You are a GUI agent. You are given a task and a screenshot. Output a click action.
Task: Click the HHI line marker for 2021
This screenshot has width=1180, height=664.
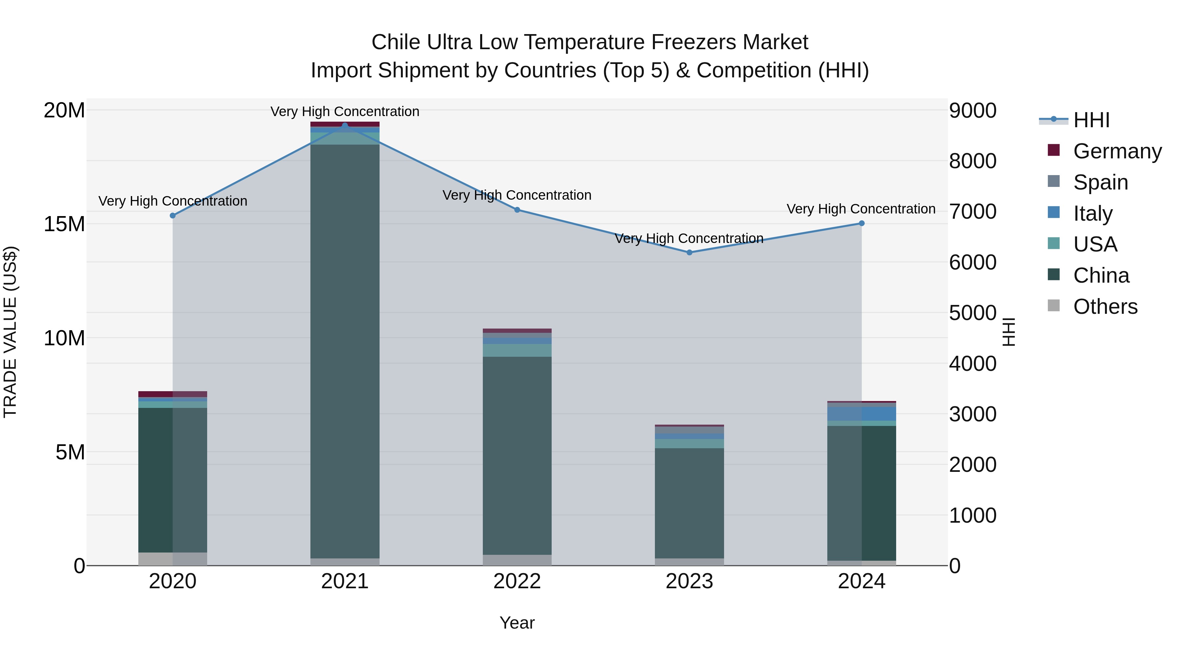(x=345, y=125)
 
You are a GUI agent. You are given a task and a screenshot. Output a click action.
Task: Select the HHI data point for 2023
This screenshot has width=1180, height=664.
(x=689, y=252)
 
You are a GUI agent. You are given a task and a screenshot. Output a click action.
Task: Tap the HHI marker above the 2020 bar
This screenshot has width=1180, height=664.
(x=173, y=215)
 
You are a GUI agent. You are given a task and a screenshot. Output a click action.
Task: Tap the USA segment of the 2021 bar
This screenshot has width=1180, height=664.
(x=345, y=138)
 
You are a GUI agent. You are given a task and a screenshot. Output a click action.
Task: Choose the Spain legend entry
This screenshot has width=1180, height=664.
(x=1100, y=182)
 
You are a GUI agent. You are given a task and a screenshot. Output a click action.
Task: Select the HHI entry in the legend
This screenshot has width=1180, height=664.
(x=1091, y=120)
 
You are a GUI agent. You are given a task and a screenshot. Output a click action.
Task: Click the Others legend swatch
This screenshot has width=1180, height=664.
(x=1053, y=306)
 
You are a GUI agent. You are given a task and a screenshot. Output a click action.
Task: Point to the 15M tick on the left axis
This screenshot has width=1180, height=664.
(x=64, y=224)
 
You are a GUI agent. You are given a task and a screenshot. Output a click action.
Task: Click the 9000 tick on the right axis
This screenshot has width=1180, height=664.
(x=972, y=111)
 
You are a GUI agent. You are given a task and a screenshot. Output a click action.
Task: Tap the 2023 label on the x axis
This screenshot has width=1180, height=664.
(x=689, y=581)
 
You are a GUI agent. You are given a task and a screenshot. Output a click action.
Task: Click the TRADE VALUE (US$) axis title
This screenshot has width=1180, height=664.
(x=10, y=332)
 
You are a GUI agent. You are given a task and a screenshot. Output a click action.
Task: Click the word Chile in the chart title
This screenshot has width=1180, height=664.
(x=395, y=42)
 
